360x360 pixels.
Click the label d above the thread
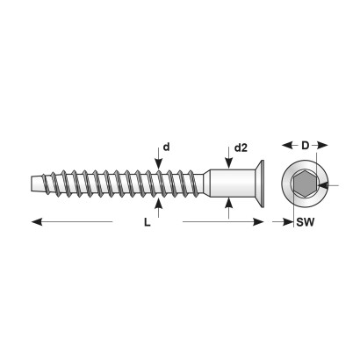[x=166, y=147]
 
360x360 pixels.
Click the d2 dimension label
[x=241, y=148]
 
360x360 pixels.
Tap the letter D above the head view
[x=305, y=145]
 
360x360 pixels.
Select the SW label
[x=305, y=222]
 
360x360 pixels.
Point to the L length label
[x=148, y=223]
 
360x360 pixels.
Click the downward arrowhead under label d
[x=158, y=164]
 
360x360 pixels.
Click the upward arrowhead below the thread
[x=158, y=204]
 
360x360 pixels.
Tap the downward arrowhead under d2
[x=228, y=163]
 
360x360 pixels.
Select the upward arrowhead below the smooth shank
[x=228, y=203]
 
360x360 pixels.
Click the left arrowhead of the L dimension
[x=37, y=222]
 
